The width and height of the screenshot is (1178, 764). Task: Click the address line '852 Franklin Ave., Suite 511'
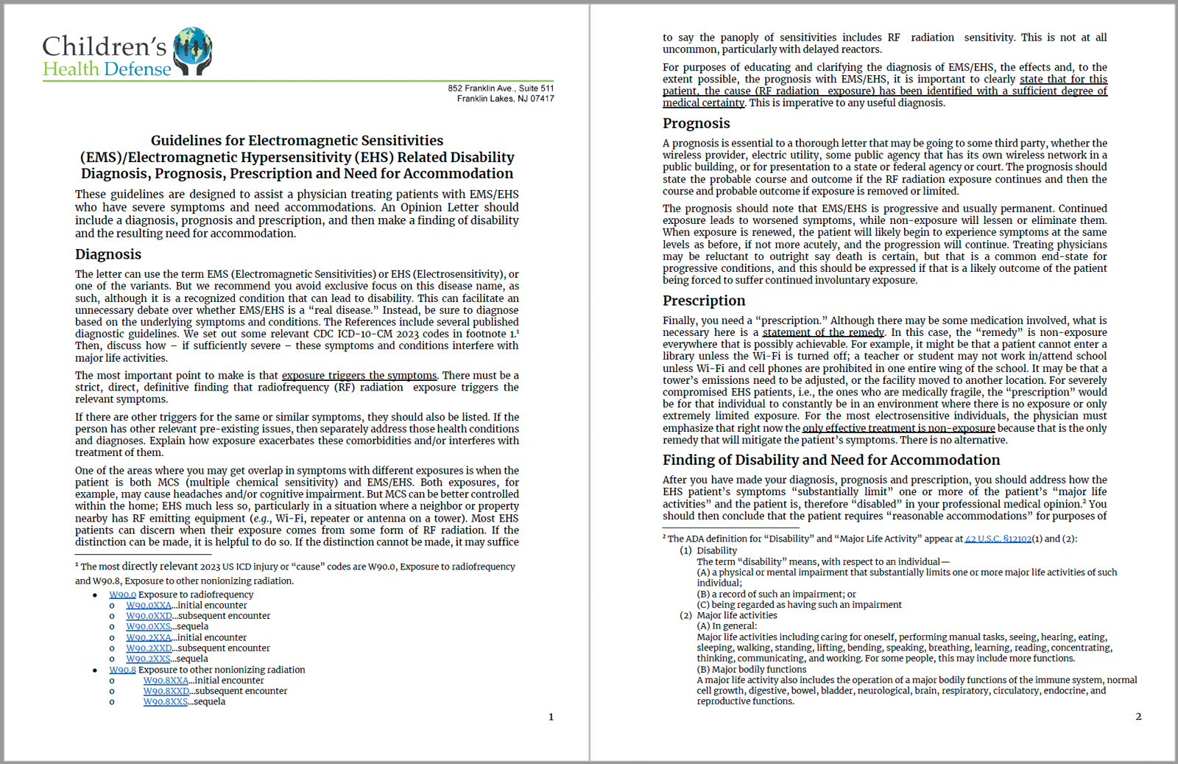click(501, 88)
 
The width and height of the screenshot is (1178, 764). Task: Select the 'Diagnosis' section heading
click(108, 254)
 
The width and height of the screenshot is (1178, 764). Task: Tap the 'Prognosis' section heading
click(696, 123)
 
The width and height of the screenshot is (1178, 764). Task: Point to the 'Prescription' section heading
click(703, 301)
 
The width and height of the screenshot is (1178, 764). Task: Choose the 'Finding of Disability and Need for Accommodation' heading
click(830, 460)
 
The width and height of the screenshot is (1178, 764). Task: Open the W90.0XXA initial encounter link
click(149, 606)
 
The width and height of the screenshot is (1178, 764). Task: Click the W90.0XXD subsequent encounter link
click(149, 616)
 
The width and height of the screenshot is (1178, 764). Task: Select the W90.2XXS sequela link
click(149, 659)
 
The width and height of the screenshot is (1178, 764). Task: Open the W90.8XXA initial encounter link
click(166, 680)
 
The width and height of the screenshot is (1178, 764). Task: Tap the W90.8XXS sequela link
click(166, 701)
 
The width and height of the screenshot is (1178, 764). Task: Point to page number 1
click(551, 717)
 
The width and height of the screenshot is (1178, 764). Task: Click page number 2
click(1138, 716)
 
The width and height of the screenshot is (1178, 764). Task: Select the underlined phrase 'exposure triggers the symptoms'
click(359, 375)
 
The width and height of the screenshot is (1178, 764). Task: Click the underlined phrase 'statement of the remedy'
click(823, 332)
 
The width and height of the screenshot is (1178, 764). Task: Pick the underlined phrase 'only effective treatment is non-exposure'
click(898, 428)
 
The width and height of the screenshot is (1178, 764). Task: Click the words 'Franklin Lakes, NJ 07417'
click(505, 99)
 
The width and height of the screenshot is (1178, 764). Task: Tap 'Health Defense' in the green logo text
click(107, 69)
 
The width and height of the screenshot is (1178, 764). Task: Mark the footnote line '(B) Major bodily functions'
click(751, 670)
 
